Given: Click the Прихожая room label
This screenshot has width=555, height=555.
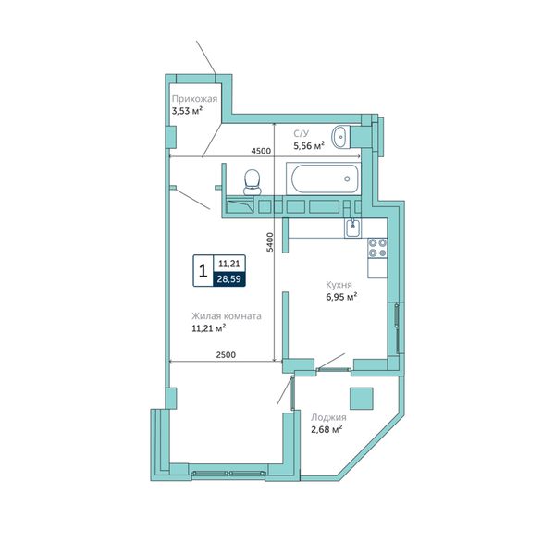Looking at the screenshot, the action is pos(194,99).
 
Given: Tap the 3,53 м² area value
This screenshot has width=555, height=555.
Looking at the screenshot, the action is pos(187,111).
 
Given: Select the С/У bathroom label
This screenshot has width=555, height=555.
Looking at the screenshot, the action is pos(302,133).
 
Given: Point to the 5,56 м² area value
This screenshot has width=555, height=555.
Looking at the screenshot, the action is pos(309,145).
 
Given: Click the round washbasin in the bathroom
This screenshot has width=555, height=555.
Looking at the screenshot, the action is pos(340,137).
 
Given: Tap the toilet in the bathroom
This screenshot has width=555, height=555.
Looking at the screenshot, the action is pos(253,182).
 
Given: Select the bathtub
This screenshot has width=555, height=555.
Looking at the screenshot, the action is pos(324,179).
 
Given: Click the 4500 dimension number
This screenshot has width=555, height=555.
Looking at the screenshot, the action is pos(261,151).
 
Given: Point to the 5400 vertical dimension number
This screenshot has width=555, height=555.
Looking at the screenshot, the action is pos(270,241).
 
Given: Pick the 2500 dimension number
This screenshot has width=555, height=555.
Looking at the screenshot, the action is pos(226,354).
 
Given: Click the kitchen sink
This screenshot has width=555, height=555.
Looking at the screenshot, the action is pos(353,228).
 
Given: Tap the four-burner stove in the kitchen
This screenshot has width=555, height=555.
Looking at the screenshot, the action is pos(377,248).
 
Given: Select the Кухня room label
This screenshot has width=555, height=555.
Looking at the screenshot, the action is pos(339,285).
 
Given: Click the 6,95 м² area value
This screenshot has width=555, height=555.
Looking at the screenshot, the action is pos(341,297).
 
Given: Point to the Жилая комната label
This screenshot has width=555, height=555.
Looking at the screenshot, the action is pos(227,316).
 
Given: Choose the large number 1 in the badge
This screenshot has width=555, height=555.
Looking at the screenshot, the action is pos(203,271).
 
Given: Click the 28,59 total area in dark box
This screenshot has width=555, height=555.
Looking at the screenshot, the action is pos(229,279).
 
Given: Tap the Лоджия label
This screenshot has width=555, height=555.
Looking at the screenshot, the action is pos(328,417).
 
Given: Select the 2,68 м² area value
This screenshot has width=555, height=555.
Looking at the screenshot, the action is pos(327,430).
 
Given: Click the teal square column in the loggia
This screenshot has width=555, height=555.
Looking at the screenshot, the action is pos(362,399).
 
